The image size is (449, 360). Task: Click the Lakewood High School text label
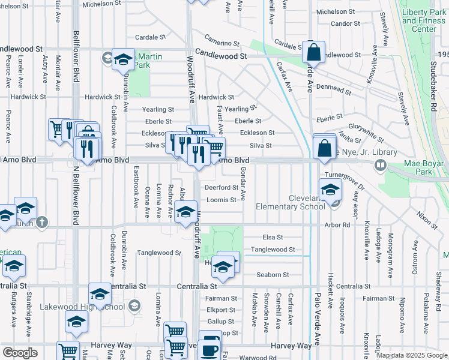click(x=82, y=307)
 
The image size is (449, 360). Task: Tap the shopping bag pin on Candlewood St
click(x=313, y=53)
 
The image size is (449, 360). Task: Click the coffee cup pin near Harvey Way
click(x=209, y=349)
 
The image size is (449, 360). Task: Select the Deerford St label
click(x=222, y=187)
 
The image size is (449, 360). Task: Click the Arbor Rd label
click(x=337, y=225)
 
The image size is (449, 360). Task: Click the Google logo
click(x=20, y=353)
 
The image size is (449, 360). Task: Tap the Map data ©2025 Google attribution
click(x=411, y=355)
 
